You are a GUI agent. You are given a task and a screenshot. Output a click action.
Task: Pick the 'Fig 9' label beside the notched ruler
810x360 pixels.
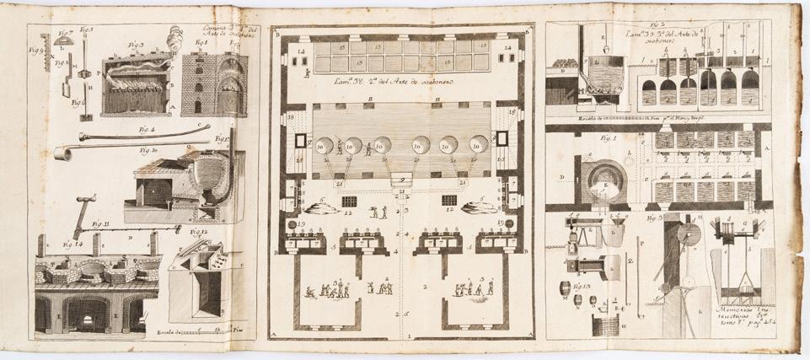coord(35,50)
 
